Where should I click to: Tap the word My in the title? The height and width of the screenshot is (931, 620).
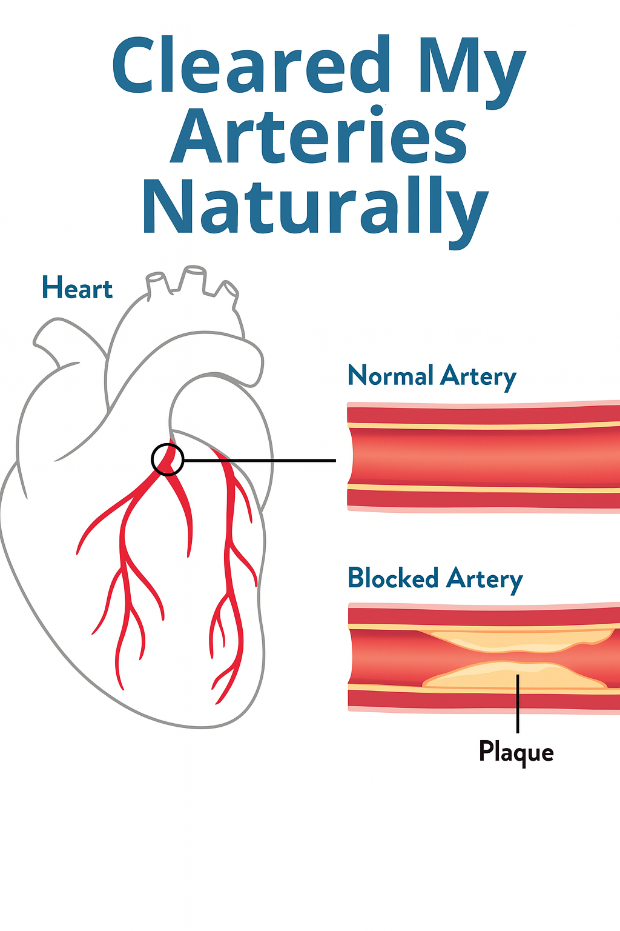point(472,68)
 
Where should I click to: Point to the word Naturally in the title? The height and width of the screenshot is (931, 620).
point(315,207)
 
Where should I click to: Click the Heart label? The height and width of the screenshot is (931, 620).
point(77,288)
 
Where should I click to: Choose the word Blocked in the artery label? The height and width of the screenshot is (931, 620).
point(393,578)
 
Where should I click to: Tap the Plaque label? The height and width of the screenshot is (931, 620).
point(516,752)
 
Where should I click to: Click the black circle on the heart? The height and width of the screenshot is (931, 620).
point(167,459)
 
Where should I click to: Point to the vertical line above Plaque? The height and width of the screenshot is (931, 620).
point(518,703)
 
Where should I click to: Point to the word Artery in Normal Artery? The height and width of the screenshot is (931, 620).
point(478,377)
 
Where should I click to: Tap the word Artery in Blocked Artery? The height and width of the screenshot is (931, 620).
point(484,579)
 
